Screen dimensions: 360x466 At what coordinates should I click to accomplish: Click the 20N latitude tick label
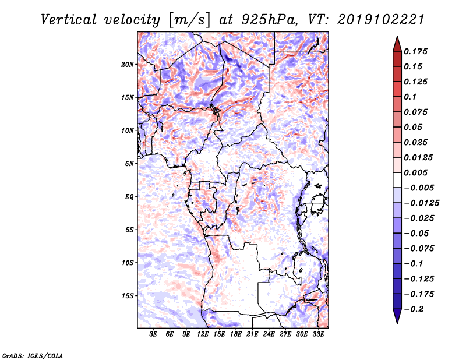(128, 64)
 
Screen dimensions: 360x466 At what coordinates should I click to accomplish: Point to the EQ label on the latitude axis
(129, 196)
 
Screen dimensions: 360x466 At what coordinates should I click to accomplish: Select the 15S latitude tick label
(128, 295)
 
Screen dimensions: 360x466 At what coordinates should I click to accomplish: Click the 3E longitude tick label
(154, 335)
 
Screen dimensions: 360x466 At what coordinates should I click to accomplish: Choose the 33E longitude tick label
(319, 335)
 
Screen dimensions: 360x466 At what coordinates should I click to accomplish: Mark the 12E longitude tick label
(203, 335)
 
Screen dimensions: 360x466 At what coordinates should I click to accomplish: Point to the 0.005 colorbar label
(417, 172)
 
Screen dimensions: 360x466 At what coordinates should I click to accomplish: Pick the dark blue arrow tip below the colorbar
(397, 318)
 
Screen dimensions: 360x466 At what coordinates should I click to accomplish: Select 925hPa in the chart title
(264, 20)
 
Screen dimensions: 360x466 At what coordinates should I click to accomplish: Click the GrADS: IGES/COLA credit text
(32, 354)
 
